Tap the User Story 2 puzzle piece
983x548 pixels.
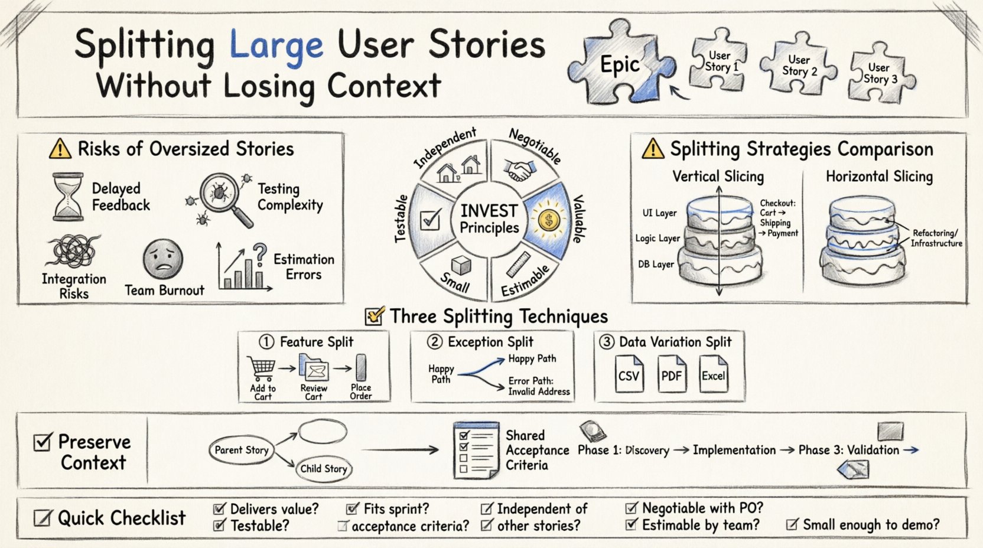pyautogui.click(x=799, y=65)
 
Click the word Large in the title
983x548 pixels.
pyautogui.click(x=276, y=45)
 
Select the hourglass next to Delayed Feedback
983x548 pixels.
pyautogui.click(x=67, y=197)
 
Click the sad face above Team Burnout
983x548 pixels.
pyautogui.click(x=162, y=259)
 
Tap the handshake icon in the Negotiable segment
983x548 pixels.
pyautogui.click(x=519, y=171)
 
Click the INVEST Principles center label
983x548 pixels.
pyautogui.click(x=489, y=219)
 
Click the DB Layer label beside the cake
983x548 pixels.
pyautogui.click(x=656, y=264)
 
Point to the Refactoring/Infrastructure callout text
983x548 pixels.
pyautogui.click(x=936, y=238)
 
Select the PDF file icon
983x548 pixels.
pyautogui.click(x=672, y=374)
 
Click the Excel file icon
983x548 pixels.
pyautogui.click(x=714, y=374)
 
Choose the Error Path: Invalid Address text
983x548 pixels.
pyautogui.click(x=539, y=386)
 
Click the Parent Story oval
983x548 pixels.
pyautogui.click(x=242, y=450)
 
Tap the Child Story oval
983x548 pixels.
pyautogui.click(x=323, y=469)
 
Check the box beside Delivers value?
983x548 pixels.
pyautogui.click(x=220, y=509)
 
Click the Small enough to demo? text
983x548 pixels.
pyautogui.click(x=870, y=524)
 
